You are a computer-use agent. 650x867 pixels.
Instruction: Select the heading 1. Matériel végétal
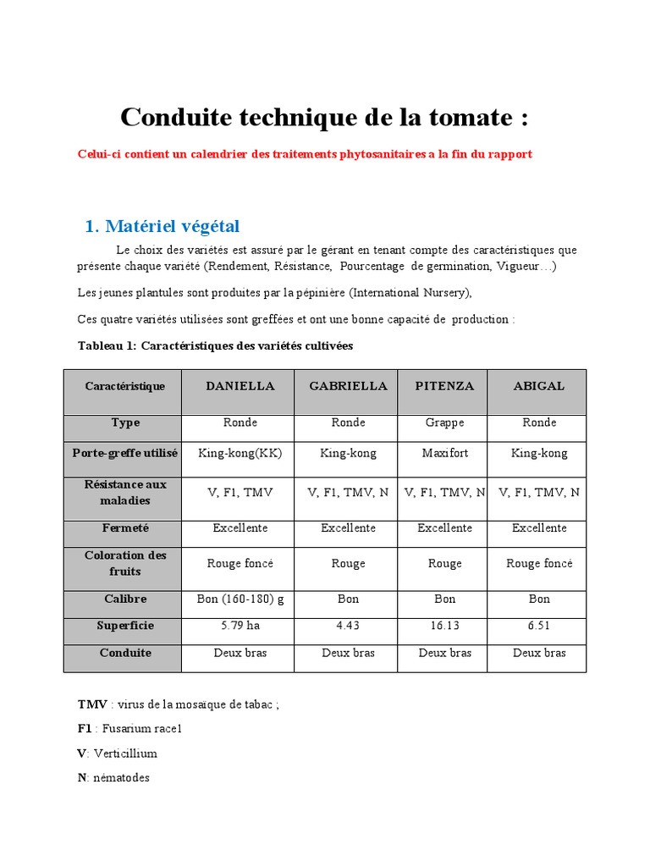[x=162, y=226]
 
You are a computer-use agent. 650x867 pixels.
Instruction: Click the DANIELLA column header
[x=240, y=386]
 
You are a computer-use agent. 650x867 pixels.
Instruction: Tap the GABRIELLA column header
[x=348, y=386]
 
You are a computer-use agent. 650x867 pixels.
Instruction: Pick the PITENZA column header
[x=444, y=386]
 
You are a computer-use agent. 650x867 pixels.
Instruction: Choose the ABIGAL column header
[x=539, y=386]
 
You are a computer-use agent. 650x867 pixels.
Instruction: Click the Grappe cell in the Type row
[x=444, y=422]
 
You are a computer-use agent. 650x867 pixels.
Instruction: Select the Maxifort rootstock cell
[x=444, y=454]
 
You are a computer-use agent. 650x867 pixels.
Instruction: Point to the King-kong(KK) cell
[x=240, y=454]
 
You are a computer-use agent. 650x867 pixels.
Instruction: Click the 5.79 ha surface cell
[x=240, y=626]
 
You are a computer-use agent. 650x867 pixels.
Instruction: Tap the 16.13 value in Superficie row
[x=444, y=626]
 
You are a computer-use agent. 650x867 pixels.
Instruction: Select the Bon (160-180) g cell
[x=240, y=599]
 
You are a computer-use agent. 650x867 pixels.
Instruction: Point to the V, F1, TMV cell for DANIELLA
[x=240, y=492]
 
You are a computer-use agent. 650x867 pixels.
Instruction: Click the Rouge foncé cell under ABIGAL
[x=539, y=563]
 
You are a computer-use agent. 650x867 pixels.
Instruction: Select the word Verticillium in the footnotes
[x=125, y=753]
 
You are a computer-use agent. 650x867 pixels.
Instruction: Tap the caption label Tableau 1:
[x=107, y=346]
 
